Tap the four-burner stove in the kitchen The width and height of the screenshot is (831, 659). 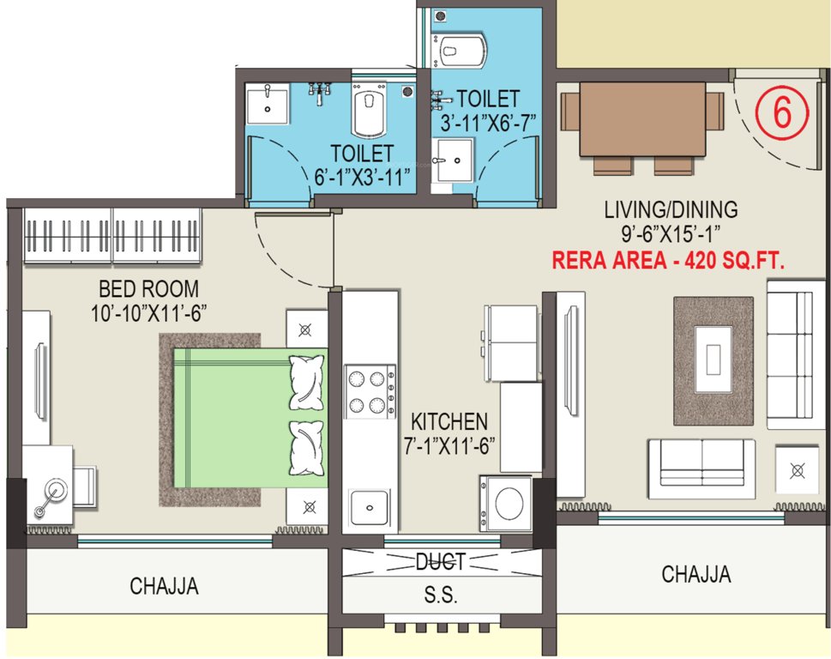(370, 391)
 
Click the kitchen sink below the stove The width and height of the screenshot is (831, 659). (370, 509)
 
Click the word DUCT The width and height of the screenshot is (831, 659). (440, 562)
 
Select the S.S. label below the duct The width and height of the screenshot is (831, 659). (442, 595)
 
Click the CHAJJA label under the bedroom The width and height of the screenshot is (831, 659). (164, 586)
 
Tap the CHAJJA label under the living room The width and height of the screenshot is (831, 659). (696, 574)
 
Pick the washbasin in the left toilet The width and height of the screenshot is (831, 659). (268, 105)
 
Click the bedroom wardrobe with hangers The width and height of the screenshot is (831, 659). (112, 234)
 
